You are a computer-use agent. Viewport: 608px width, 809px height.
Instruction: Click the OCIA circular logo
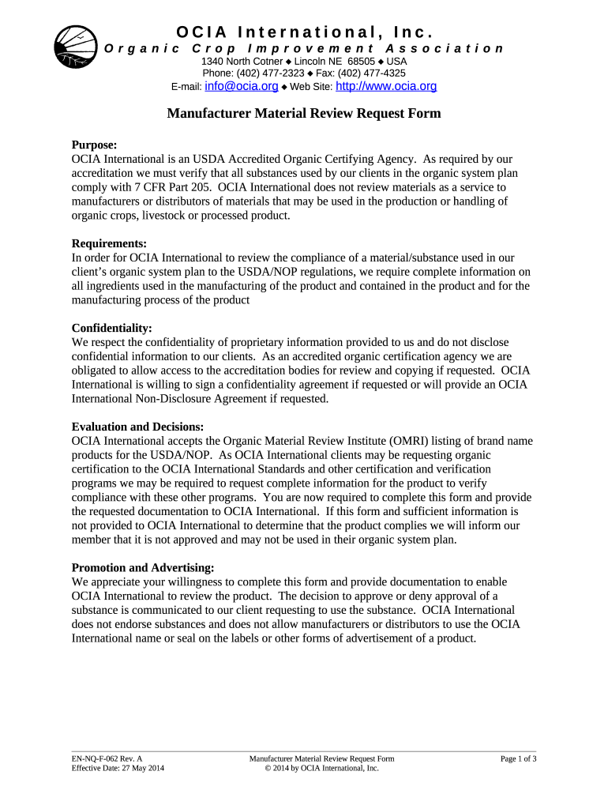pos(76,46)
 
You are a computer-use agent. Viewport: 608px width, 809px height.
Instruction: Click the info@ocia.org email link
pos(241,86)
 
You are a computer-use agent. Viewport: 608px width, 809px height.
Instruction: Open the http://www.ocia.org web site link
pos(386,86)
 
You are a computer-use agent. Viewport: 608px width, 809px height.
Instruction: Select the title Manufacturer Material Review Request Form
pos(303,114)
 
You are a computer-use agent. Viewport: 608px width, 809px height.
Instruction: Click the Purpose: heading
pos(94,145)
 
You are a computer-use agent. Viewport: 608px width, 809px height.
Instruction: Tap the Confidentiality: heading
pos(111,328)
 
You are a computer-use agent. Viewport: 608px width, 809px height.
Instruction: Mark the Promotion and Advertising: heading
pos(143,568)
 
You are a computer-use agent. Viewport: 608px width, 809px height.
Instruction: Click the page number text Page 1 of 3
pos(519,759)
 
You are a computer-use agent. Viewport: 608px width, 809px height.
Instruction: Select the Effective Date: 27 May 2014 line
pos(118,768)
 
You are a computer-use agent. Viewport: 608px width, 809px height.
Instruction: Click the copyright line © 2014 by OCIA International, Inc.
pos(321,768)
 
